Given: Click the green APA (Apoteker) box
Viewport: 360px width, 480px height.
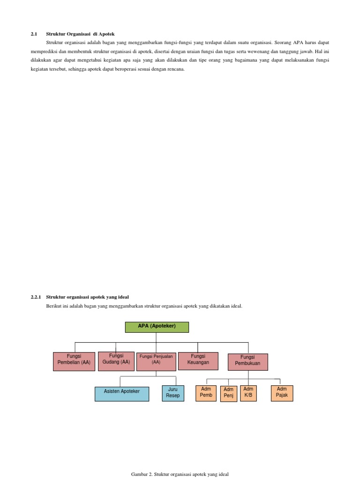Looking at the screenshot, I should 157,327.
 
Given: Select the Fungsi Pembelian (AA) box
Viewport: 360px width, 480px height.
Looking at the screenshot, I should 74,361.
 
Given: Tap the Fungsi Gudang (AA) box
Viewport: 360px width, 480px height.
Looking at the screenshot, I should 116,361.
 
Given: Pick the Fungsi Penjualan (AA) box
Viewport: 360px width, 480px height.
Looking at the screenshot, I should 157,362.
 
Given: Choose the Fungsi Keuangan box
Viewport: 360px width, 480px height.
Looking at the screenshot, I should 198,361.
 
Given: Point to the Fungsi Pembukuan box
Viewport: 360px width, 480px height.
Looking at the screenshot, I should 247,362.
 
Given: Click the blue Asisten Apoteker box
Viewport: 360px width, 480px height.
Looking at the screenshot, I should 121,394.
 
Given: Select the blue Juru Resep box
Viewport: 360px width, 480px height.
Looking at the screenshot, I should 172,393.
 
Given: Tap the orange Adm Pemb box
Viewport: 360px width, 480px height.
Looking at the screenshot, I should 206,393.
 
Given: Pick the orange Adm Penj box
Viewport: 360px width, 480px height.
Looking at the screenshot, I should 228,394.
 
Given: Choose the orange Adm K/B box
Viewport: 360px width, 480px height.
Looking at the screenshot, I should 248,393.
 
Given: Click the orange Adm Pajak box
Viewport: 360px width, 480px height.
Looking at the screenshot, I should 282,393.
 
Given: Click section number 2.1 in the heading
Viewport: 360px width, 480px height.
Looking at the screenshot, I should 34,34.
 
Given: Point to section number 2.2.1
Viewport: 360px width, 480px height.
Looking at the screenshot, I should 37,297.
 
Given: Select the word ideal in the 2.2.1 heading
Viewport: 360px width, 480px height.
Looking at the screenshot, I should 122,297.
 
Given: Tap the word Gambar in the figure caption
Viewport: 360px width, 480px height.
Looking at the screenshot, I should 139,474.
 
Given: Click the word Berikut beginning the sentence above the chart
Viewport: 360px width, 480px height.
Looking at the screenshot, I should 54,306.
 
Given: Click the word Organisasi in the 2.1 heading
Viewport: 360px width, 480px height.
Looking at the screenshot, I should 78,34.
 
